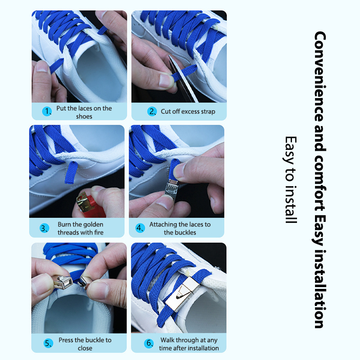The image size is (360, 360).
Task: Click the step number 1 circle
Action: click(47, 111)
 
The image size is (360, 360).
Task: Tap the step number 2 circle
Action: click(152, 111)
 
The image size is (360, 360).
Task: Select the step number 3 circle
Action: click(44, 228)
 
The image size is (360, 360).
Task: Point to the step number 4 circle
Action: click(140, 228)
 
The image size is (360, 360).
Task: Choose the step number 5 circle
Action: click(48, 343)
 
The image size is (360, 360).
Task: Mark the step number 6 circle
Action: click(149, 343)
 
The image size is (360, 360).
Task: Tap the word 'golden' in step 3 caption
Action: click(93, 225)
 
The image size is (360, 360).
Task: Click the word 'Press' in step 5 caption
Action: click(66, 340)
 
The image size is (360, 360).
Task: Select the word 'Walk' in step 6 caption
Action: click(167, 340)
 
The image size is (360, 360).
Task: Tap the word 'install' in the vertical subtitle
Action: click(291, 204)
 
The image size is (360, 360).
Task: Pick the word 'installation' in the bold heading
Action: click(319, 289)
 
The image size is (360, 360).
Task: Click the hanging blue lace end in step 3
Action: click(71, 172)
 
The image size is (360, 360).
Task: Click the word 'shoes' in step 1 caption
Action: click(84, 117)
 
